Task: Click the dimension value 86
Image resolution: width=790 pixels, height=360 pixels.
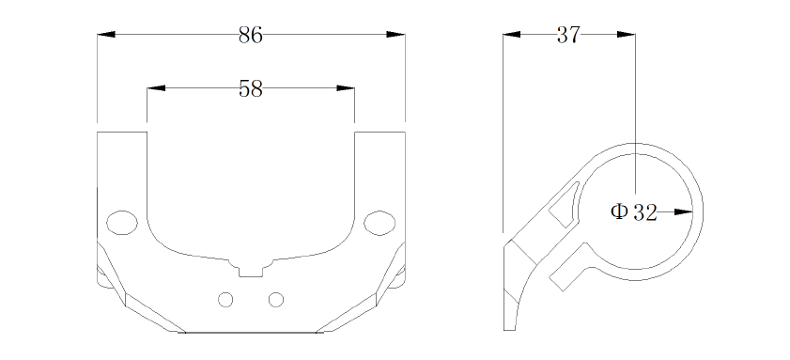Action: point(251,36)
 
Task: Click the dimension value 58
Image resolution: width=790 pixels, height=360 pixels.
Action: point(251,89)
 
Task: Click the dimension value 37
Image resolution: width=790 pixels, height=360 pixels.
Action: point(569,36)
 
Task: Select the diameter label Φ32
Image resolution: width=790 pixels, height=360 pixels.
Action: point(634,212)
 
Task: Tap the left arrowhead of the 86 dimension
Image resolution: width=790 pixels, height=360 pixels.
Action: point(106,34)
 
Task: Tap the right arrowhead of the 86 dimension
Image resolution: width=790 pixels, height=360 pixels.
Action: point(395,34)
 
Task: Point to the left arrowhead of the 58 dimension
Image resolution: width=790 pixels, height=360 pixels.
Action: point(156,88)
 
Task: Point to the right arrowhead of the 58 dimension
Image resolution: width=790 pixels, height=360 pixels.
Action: point(346,88)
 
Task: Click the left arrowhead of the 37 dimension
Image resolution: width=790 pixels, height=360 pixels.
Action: point(512,34)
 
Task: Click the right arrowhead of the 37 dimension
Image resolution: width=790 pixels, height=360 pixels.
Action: point(626,34)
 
